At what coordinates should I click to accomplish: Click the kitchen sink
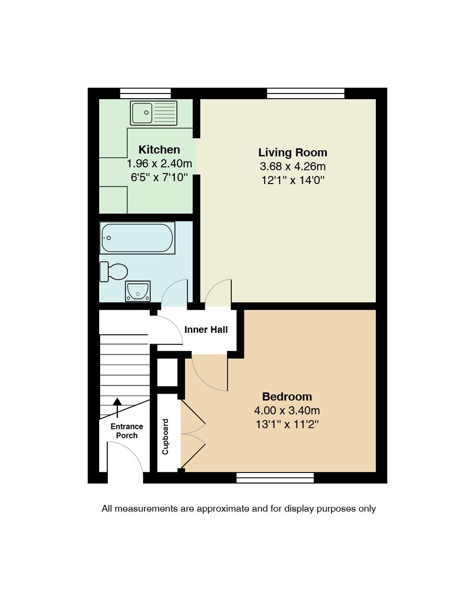coord(154,113)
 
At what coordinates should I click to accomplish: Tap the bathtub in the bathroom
coord(137,238)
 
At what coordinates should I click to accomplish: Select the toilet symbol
coord(114,272)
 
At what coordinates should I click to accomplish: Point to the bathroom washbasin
coord(138,291)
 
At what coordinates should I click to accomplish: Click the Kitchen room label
coord(159,150)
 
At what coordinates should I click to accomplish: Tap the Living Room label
coord(292,152)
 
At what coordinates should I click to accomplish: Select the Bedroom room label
coord(287,397)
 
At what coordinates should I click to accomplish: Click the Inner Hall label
coord(206,330)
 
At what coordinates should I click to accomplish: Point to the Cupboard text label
coord(165,437)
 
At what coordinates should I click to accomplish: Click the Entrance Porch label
coord(126,431)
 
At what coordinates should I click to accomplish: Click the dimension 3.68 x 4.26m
coord(292,166)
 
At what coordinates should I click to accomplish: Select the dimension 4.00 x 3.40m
coord(287,411)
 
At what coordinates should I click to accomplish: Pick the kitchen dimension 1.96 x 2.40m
coord(159,164)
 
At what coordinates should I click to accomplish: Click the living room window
coord(306,93)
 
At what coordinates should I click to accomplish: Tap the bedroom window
coord(275,478)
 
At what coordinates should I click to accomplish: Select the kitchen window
coord(145,93)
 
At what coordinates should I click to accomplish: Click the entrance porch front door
coord(125,461)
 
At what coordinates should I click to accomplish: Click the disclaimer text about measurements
coord(239,508)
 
